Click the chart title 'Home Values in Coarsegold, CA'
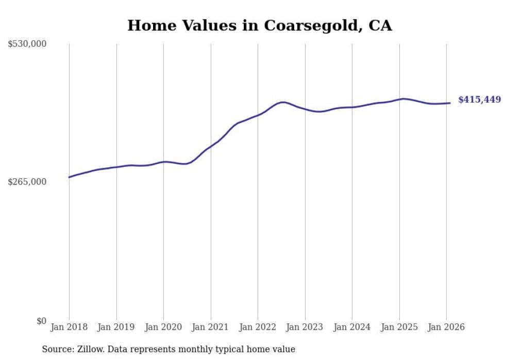[259, 25]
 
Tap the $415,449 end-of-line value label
[479, 100]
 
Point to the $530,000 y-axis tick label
[27, 44]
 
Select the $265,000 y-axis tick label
[27, 182]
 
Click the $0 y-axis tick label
[41, 321]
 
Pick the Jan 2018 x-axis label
[69, 328]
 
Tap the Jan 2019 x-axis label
[116, 328]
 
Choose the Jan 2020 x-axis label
[163, 328]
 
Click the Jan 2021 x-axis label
[211, 328]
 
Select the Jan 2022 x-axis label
[258, 328]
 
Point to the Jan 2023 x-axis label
[305, 328]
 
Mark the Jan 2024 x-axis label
[352, 328]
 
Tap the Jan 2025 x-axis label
[399, 328]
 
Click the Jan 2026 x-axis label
[446, 328]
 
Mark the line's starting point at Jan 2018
[69, 177]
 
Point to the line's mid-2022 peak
[283, 102]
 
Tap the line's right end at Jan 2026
[450, 103]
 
